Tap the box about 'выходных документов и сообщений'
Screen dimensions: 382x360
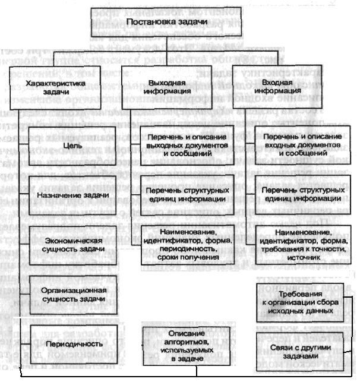click(x=178, y=146)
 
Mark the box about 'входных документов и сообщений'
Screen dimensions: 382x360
click(x=300, y=146)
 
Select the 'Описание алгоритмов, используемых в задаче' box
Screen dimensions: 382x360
click(x=175, y=343)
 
